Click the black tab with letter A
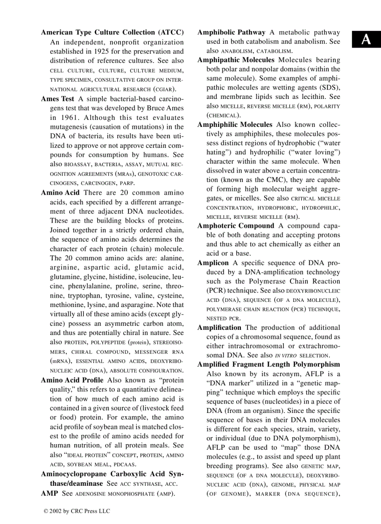366,40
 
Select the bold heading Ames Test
57,99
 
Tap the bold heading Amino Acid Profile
72,380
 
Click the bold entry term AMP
49,493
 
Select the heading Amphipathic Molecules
236,60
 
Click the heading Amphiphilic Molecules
234,125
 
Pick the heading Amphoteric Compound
236,226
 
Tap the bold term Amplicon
213,263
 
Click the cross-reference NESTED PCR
223,318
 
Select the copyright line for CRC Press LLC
77,511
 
